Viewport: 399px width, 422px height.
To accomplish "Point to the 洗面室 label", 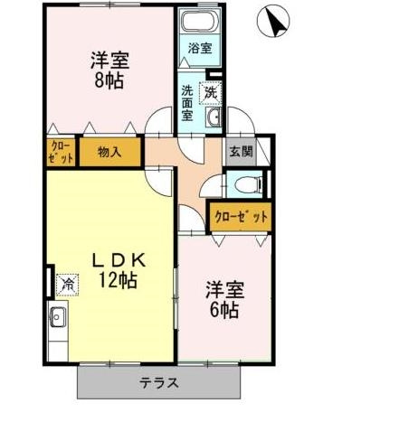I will (186, 103).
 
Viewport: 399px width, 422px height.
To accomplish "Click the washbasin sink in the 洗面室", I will (214, 119).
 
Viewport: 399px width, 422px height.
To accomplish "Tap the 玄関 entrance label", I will (240, 152).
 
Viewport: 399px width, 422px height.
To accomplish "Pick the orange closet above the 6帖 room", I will (241, 216).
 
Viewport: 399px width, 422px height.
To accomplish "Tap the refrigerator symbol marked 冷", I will (68, 285).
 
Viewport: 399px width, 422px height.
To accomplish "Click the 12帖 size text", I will (119, 281).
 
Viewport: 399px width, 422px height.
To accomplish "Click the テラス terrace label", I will (158, 382).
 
